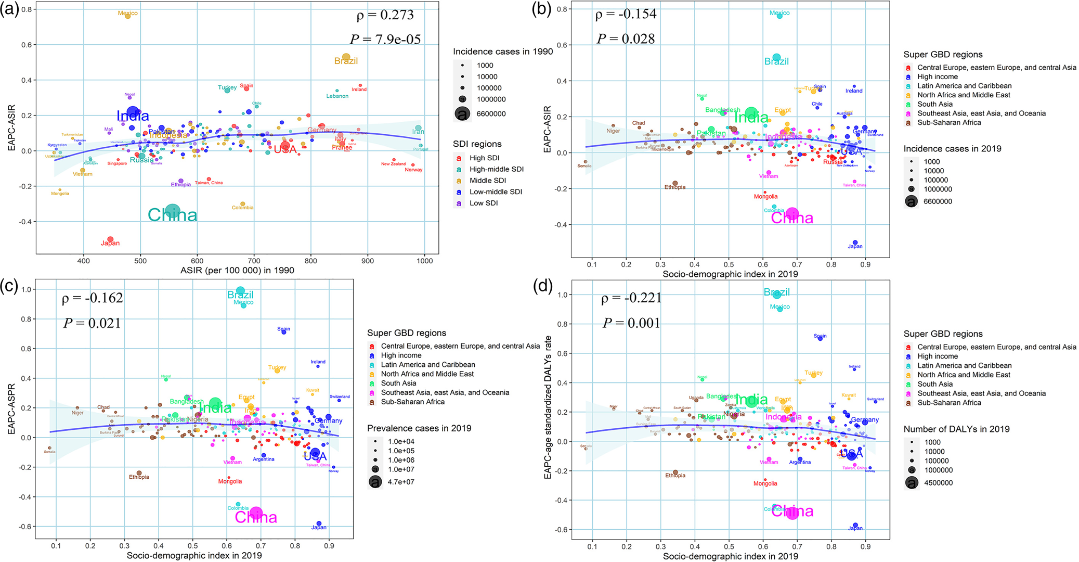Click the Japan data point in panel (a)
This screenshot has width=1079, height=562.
click(x=110, y=239)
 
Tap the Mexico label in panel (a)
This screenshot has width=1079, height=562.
click(x=128, y=13)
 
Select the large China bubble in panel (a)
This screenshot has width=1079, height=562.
click(x=173, y=211)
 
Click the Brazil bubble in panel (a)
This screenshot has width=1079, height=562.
click(x=346, y=57)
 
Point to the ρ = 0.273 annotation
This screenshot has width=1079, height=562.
click(x=385, y=15)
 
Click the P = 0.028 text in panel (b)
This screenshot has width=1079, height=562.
click(x=626, y=39)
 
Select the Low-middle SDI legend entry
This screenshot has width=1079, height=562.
click(x=496, y=192)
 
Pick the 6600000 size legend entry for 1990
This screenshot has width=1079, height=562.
click(x=491, y=113)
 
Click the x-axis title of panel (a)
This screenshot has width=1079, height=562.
click(x=237, y=270)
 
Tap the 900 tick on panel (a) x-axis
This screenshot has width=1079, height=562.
click(x=368, y=261)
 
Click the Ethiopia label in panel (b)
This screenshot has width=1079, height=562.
click(x=675, y=187)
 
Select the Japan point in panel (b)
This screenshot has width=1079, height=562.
click(x=855, y=243)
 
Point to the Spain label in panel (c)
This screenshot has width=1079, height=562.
click(x=284, y=329)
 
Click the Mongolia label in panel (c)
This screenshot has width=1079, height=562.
click(x=230, y=481)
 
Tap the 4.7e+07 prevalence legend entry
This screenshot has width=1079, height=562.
click(x=401, y=482)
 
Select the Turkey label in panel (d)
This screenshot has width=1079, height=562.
click(x=813, y=373)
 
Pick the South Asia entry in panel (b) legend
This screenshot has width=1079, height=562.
click(x=935, y=104)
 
